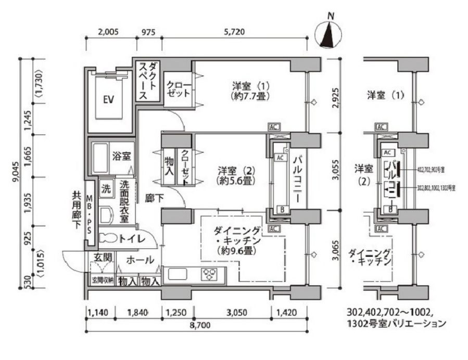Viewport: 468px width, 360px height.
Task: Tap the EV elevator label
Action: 108,99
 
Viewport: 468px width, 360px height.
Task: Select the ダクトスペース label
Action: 148,81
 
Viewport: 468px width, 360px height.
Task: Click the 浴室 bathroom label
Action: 121,155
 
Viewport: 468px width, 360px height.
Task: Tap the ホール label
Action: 140,259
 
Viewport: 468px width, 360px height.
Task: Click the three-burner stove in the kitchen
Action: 211,274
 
